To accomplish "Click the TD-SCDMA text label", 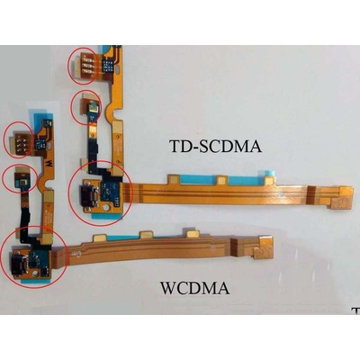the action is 215,147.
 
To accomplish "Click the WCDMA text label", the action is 195,288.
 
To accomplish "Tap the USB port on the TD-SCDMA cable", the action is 90,193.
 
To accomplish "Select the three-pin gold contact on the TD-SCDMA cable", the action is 85,65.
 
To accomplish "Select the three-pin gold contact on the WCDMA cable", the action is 21,140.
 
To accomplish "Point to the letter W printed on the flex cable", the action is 48,164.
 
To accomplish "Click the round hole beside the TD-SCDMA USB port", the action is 106,208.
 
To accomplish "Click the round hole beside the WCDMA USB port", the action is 36,274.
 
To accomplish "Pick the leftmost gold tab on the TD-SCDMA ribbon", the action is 174,179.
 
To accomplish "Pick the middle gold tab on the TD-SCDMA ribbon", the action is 221,180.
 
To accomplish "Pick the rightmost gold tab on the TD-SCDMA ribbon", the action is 269,180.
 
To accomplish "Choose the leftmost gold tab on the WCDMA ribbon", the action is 100,238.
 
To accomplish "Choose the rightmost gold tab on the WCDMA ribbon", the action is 193,234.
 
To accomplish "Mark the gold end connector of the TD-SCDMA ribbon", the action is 342,196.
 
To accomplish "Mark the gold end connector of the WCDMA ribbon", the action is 264,247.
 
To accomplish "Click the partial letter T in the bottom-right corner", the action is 356,310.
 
